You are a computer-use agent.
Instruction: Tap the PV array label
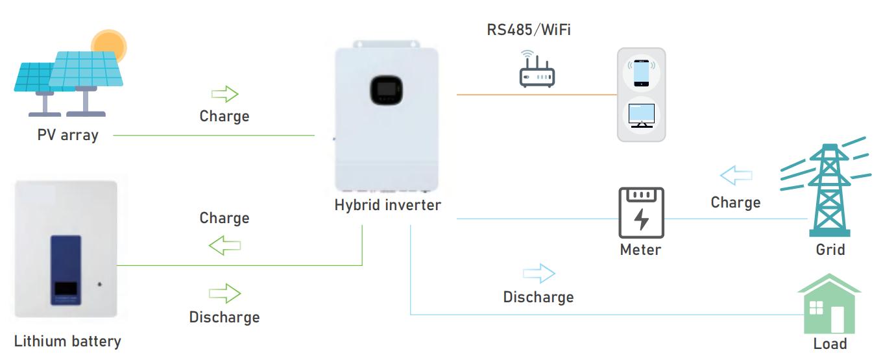(x=67, y=136)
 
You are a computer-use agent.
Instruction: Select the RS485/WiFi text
(x=529, y=30)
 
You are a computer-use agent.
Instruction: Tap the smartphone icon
(x=641, y=72)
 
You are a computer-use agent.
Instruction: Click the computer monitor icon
(x=641, y=115)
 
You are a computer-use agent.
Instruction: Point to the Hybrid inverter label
(x=387, y=205)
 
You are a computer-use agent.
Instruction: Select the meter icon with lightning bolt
(x=641, y=213)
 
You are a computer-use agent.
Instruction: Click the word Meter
(x=640, y=250)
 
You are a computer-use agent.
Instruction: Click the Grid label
(x=830, y=249)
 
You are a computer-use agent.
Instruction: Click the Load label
(x=830, y=344)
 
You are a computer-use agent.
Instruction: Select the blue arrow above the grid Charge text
(x=736, y=175)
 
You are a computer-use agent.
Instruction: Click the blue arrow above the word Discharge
(x=538, y=274)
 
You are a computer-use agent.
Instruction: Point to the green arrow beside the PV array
(x=224, y=95)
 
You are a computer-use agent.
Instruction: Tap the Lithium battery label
(x=67, y=341)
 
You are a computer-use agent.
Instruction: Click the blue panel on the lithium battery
(x=66, y=270)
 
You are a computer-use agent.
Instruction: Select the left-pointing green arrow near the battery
(x=224, y=246)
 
